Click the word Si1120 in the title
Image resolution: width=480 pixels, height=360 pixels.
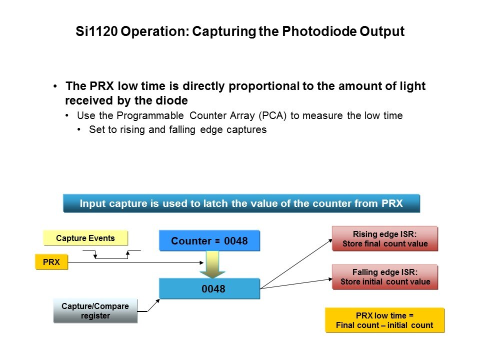point(96,31)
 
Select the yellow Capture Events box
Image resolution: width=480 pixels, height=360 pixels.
point(85,238)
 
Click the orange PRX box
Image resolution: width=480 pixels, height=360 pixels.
point(51,262)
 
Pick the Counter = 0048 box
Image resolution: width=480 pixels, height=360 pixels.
point(209,241)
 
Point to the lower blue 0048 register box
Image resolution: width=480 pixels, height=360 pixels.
point(209,288)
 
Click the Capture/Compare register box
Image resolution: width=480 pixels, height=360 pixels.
point(95,310)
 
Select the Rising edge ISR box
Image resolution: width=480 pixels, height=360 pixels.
point(385,239)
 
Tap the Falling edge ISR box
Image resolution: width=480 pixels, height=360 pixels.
point(385,277)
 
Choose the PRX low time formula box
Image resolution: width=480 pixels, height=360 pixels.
point(384,320)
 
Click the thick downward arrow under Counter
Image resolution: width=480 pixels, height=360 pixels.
point(212,264)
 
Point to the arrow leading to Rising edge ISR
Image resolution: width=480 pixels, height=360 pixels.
point(296,264)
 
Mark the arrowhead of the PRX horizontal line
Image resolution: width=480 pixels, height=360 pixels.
point(201,262)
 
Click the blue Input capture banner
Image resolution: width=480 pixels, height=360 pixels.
point(241,203)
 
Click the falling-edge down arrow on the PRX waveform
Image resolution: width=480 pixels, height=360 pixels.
point(95,254)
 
